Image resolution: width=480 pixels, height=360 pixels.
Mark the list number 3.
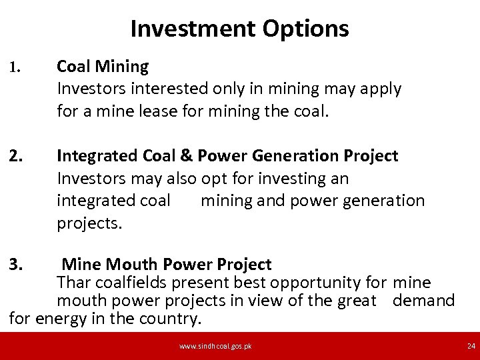click(x=16, y=264)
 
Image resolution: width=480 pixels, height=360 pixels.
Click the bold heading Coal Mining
click(x=103, y=67)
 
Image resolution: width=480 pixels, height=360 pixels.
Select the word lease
click(x=158, y=111)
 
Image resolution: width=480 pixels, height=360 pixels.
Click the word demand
click(x=424, y=301)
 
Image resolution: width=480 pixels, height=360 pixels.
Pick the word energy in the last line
click(x=59, y=319)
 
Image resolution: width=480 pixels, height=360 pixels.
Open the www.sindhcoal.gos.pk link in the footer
click(x=215, y=346)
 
